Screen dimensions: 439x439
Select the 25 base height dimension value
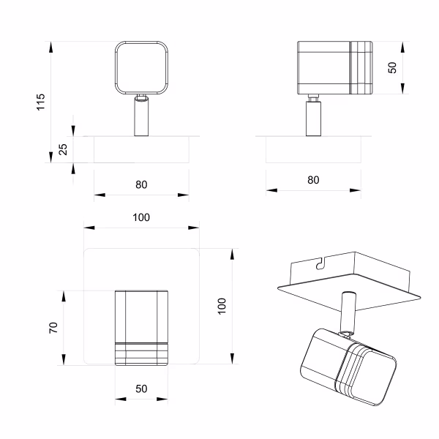click(63, 149)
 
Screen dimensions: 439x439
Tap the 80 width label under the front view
click(141, 184)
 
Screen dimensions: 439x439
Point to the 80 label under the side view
click(313, 180)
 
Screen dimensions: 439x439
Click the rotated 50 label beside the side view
click(392, 67)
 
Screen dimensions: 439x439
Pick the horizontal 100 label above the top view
click(141, 217)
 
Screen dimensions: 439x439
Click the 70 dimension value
click(53, 327)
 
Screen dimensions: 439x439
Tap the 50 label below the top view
click(141, 389)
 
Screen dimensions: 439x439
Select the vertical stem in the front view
click(141, 117)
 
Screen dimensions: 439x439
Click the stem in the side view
click(313, 119)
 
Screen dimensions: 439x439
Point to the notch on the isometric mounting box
click(320, 263)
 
